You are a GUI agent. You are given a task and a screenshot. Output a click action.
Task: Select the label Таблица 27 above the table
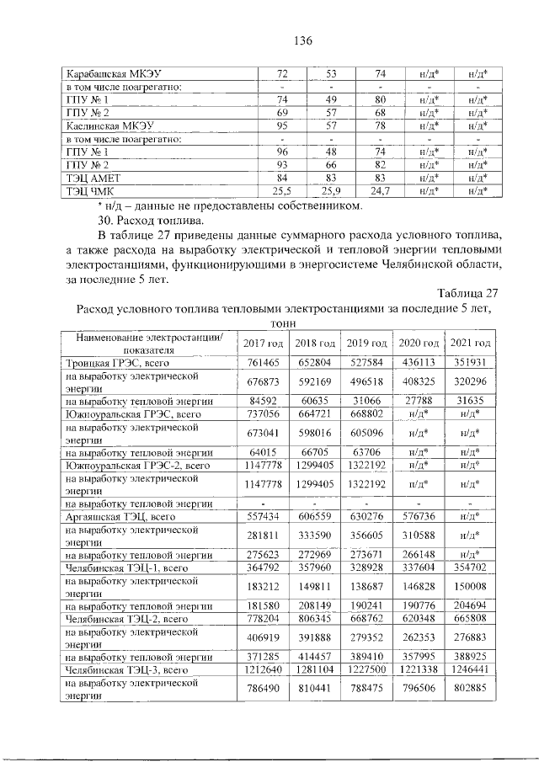(x=468, y=293)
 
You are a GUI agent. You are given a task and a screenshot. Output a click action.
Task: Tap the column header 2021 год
(x=471, y=344)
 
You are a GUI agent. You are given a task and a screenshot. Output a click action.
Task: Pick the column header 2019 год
(x=367, y=344)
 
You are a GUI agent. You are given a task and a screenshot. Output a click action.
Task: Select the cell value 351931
(x=471, y=362)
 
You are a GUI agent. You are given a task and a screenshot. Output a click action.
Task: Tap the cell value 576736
(x=419, y=515)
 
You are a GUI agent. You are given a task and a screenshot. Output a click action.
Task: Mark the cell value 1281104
(x=315, y=670)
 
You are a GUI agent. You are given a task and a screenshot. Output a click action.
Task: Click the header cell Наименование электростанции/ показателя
(x=150, y=344)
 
